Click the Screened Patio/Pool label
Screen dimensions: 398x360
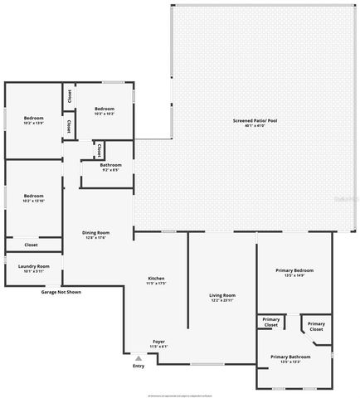(x=255, y=123)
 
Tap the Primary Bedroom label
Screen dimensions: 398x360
(x=294, y=273)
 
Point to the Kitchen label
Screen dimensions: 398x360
(x=156, y=281)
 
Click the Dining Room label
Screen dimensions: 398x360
(x=96, y=235)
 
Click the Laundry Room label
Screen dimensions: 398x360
(x=34, y=268)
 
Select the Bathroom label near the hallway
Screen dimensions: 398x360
(x=110, y=167)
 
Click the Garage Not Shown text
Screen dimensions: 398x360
(x=62, y=292)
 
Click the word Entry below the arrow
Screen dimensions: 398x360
(x=138, y=366)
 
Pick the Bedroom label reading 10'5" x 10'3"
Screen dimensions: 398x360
(x=104, y=111)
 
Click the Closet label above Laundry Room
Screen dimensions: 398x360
(x=31, y=245)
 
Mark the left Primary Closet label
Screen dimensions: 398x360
(x=270, y=323)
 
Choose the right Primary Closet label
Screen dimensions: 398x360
(x=316, y=327)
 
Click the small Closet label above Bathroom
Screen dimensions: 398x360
(x=99, y=151)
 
